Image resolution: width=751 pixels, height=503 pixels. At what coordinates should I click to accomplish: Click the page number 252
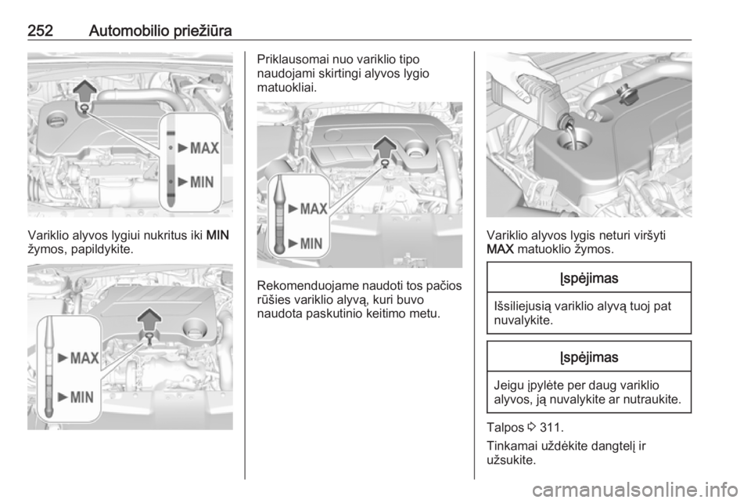(40, 31)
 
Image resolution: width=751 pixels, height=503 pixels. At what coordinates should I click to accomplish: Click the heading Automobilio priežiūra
(160, 31)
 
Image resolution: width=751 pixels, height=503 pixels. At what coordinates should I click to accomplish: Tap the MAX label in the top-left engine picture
(204, 148)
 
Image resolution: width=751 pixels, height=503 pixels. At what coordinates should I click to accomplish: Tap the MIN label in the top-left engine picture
(202, 183)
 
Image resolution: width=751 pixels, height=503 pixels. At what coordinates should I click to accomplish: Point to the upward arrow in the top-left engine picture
(84, 91)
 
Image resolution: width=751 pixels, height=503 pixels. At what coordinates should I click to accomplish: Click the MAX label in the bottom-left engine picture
(84, 358)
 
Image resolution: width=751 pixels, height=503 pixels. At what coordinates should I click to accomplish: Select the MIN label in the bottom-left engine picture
(82, 397)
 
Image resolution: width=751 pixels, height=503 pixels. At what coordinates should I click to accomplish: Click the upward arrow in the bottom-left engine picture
(149, 320)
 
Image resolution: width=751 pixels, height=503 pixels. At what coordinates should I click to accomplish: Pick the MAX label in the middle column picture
(314, 209)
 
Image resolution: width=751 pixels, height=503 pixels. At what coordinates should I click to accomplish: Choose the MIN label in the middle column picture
(311, 244)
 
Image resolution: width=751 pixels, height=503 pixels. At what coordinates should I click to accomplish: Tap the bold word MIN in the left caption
(218, 235)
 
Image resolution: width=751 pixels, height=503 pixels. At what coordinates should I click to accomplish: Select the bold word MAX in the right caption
(500, 249)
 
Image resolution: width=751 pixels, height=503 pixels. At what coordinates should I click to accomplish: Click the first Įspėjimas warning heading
(589, 278)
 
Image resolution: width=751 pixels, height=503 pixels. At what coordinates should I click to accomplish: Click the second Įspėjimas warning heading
(589, 357)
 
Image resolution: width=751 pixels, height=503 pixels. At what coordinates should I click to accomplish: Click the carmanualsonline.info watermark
(635, 490)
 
